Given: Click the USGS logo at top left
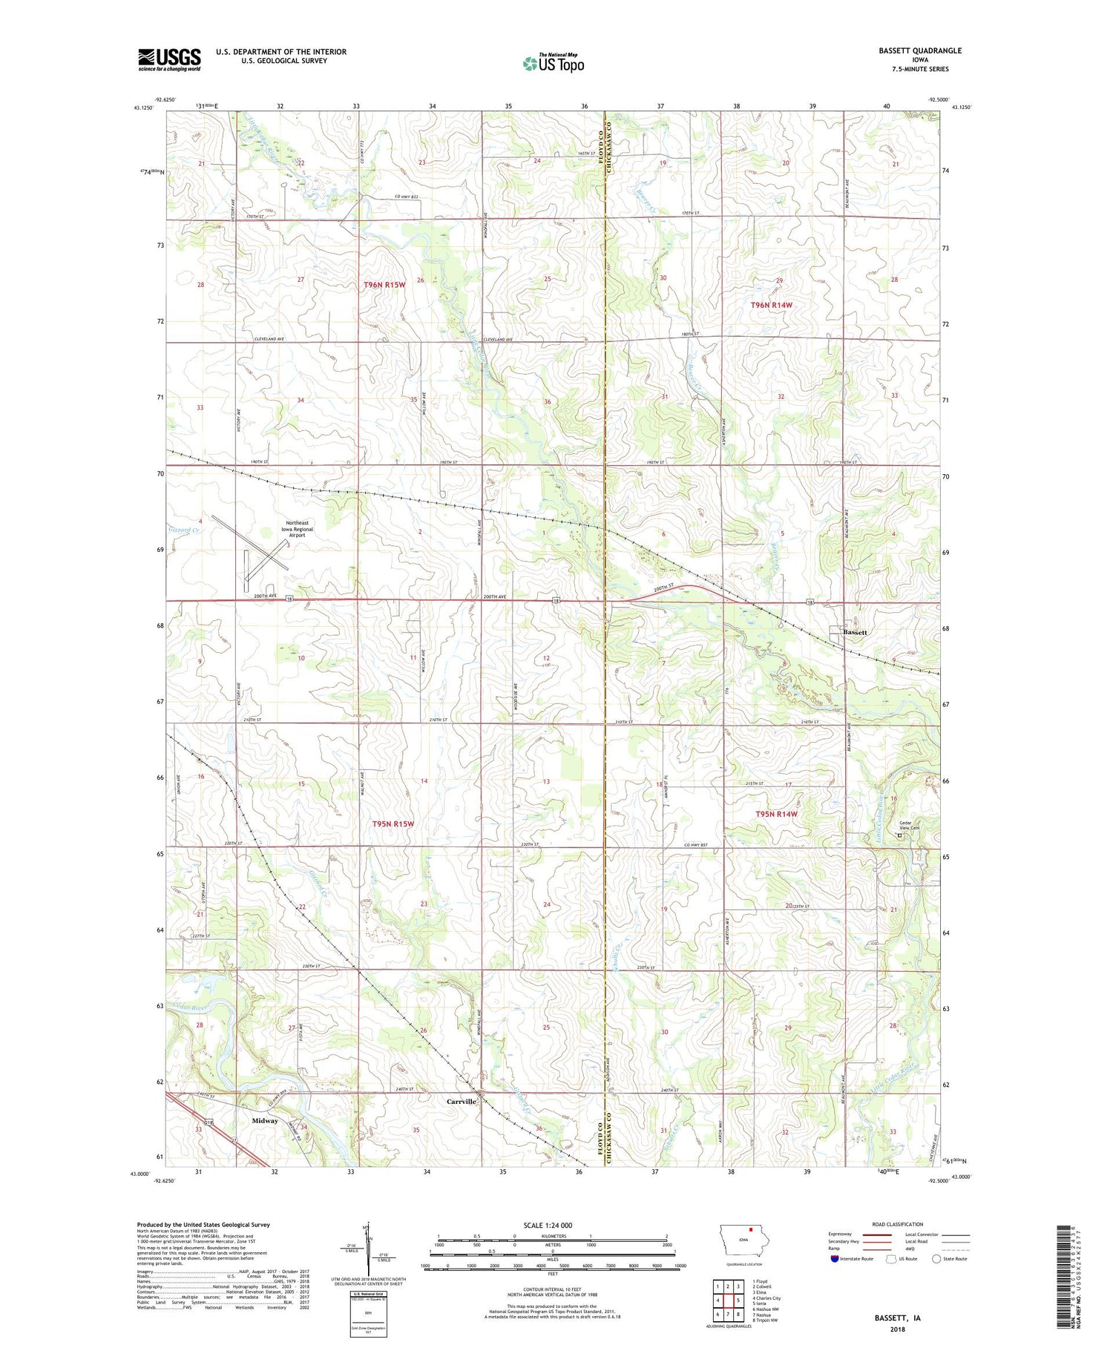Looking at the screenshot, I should pos(169,59).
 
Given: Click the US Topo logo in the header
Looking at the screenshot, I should pos(554,64).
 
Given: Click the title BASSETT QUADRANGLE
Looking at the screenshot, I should pos(919,50).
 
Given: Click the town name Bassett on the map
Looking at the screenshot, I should pos(855,632).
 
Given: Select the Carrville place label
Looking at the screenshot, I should pos(461,1102).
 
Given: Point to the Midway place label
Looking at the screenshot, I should pos(265,1120).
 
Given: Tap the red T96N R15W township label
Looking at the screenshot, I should pos(384,285).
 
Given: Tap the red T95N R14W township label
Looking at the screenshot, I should pos(775,814).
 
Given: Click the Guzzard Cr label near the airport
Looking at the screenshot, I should pos(183,530).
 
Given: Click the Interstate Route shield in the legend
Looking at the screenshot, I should pos(835,1259).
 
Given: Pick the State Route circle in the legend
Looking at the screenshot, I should pos(937,1259).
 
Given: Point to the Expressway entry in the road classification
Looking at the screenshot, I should pos(840,1234).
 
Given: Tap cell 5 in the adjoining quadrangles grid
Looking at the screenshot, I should pos(738,1300).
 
